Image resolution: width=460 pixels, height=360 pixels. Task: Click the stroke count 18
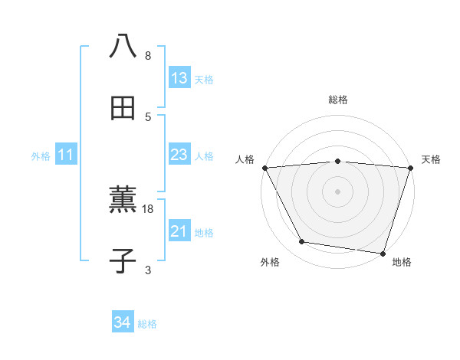149,208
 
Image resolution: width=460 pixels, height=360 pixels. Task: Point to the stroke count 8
148,55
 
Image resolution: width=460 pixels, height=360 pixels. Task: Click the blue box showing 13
179,78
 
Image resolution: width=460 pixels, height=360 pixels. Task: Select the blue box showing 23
179,155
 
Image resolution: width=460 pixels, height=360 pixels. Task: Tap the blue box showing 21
179,231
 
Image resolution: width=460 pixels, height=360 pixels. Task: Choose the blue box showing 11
66,155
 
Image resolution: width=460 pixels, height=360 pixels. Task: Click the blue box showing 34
122,323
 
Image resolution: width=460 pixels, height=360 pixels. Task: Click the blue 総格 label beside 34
148,324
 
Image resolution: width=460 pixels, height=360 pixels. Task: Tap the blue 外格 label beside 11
41,156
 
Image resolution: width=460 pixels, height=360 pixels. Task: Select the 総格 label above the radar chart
338,100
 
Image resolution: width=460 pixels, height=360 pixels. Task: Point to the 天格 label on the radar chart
432,159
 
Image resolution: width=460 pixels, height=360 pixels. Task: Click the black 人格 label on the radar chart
245,159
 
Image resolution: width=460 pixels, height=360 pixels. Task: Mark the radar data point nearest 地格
383,253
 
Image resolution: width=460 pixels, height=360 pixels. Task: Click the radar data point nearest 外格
302,242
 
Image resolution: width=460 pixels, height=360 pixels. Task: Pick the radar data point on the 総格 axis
338,161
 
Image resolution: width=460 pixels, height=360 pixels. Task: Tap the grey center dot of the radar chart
338,191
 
